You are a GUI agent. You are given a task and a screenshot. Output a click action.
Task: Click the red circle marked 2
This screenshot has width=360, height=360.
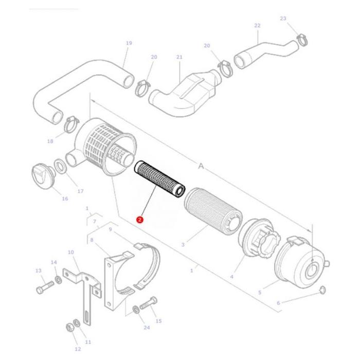[x=139, y=220]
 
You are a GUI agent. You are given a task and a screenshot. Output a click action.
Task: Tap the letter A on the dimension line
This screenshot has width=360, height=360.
[x=201, y=166]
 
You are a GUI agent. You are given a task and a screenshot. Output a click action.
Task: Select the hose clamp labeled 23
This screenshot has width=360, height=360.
[x=303, y=39]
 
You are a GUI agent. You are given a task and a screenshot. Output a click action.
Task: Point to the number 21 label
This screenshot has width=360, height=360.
[x=179, y=57]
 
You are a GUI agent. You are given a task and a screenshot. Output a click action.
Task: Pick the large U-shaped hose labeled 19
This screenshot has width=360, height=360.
[x=77, y=87]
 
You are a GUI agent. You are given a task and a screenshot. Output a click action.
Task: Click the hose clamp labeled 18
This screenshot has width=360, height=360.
[x=71, y=123]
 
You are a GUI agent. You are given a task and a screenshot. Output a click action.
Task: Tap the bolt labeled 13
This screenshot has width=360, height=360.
[x=44, y=289]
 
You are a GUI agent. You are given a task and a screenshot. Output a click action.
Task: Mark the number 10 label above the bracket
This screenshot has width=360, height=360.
[x=71, y=252]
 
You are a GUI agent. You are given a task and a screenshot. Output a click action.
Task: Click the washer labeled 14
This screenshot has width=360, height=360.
[x=58, y=280]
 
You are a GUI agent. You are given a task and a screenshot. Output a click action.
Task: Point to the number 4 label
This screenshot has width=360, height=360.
[x=231, y=277]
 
